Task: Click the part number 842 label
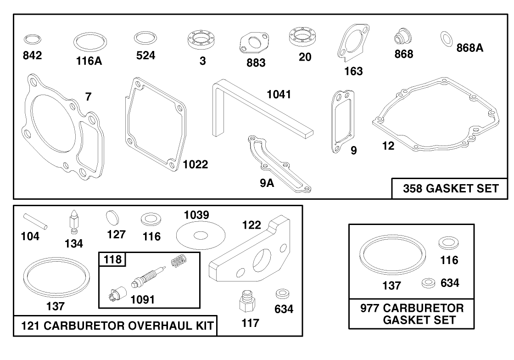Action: point(32,56)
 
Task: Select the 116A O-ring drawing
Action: point(88,43)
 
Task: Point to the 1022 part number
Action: point(195,164)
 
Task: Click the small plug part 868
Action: point(402,37)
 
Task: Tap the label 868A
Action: point(470,47)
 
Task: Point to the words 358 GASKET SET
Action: point(450,189)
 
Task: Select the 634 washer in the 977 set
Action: point(429,281)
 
